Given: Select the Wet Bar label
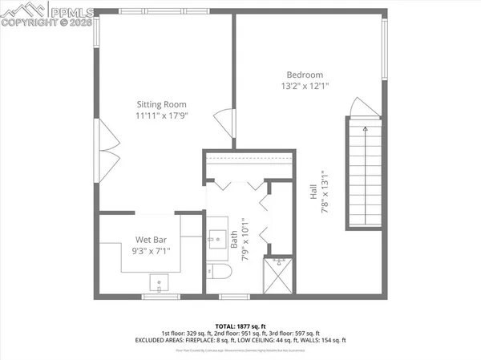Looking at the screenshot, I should pyautogui.click(x=151, y=239).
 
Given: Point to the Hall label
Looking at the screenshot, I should pyautogui.click(x=313, y=191).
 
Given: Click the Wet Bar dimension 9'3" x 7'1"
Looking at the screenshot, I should pyautogui.click(x=151, y=251).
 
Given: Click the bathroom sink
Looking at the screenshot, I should pyautogui.click(x=216, y=237).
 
